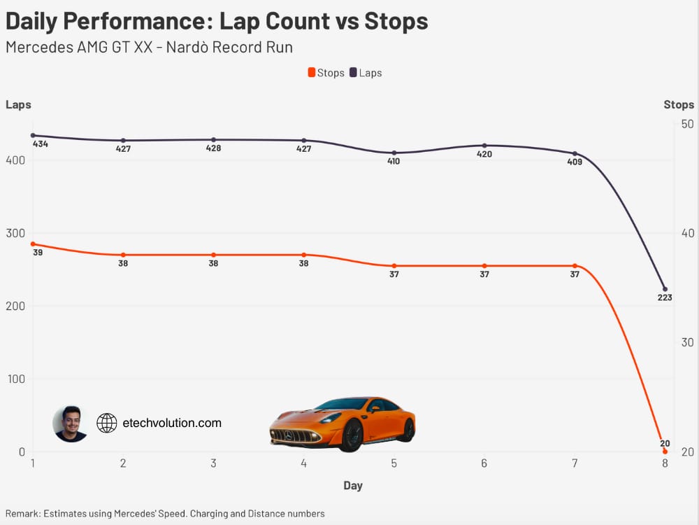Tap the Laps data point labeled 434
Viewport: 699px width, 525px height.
click(33, 135)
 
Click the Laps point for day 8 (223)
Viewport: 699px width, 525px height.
click(665, 289)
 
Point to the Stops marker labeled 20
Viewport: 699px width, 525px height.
click(665, 451)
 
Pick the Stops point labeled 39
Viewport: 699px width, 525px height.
click(33, 244)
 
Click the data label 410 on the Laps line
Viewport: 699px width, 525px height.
click(394, 162)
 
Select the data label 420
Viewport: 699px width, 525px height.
click(484, 154)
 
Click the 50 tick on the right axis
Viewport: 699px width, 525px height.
click(686, 124)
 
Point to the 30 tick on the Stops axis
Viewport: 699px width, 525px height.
click(686, 342)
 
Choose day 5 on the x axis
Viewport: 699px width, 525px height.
click(394, 463)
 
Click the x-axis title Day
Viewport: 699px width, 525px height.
click(353, 486)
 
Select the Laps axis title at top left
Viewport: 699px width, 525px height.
click(18, 105)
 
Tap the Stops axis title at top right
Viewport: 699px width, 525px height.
click(679, 105)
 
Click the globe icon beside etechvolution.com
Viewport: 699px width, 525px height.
click(106, 423)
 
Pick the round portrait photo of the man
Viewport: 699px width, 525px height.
click(70, 423)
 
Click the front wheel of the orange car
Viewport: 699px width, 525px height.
click(352, 435)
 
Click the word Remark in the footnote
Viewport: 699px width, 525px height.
click(23, 513)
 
